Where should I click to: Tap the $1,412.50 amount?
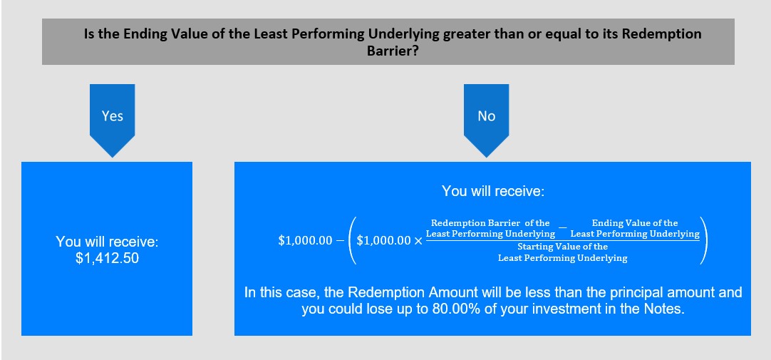(107, 258)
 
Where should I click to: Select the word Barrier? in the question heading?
(393, 51)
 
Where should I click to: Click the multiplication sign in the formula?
(418, 241)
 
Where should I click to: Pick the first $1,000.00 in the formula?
(305, 241)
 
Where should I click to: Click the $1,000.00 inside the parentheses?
(384, 241)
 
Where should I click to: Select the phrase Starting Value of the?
(562, 247)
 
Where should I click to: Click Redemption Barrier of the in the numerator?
(490, 223)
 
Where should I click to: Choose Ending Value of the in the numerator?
(635, 223)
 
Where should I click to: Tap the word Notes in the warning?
(667, 310)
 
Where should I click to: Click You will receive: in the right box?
(492, 191)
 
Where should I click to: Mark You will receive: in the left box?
(107, 242)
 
